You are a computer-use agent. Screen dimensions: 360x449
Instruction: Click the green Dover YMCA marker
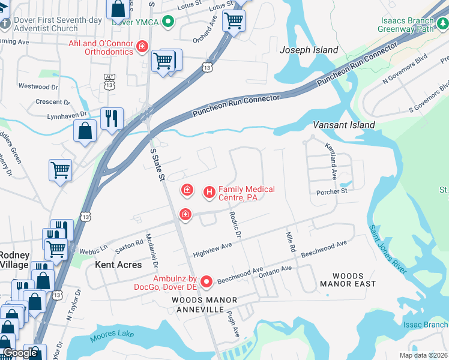[169, 23]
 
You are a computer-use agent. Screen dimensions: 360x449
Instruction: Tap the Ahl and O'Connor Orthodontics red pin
[142, 46]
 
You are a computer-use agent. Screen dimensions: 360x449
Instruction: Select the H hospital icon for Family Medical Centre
[209, 192]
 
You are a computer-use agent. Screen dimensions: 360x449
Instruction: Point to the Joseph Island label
[309, 50]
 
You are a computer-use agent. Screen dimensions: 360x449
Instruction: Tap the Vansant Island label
[344, 125]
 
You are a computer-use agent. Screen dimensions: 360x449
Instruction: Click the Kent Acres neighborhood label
[119, 264]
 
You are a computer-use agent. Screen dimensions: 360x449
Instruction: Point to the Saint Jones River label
[388, 250]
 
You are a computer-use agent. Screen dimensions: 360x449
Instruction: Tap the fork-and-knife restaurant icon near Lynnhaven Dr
[112, 118]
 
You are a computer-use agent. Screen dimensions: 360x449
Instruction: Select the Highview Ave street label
[212, 250]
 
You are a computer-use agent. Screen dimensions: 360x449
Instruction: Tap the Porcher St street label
[332, 191]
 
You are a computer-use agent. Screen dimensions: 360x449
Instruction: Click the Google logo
[20, 353]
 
